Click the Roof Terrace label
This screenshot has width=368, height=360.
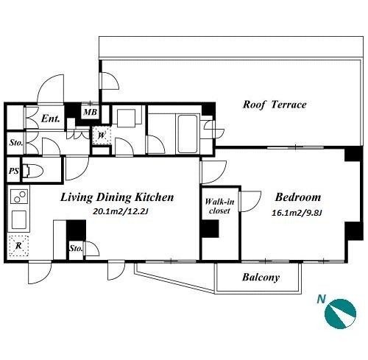click(275, 105)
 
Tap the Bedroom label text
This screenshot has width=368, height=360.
click(298, 197)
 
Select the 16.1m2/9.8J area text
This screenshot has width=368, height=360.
click(297, 213)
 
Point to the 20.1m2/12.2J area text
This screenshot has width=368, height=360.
click(120, 211)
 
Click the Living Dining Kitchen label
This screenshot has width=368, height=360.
click(117, 197)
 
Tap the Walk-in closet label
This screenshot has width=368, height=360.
click(219, 206)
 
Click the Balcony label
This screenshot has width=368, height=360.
click(261, 278)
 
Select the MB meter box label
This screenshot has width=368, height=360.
click(91, 112)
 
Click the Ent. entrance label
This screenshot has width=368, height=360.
click(51, 119)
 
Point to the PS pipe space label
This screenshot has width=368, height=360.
click(14, 171)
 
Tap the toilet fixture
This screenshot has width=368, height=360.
click(32, 171)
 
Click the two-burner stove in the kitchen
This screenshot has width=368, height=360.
click(19, 197)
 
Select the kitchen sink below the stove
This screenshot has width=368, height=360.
click(19, 219)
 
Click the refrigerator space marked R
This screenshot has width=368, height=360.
click(18, 246)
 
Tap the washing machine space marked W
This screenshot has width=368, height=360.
click(102, 135)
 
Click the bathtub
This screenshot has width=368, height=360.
click(188, 133)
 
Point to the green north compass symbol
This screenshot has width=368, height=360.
click(340, 314)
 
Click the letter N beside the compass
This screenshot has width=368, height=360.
click(321, 300)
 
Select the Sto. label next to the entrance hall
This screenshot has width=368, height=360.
click(15, 143)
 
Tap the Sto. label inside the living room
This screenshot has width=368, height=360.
click(76, 249)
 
